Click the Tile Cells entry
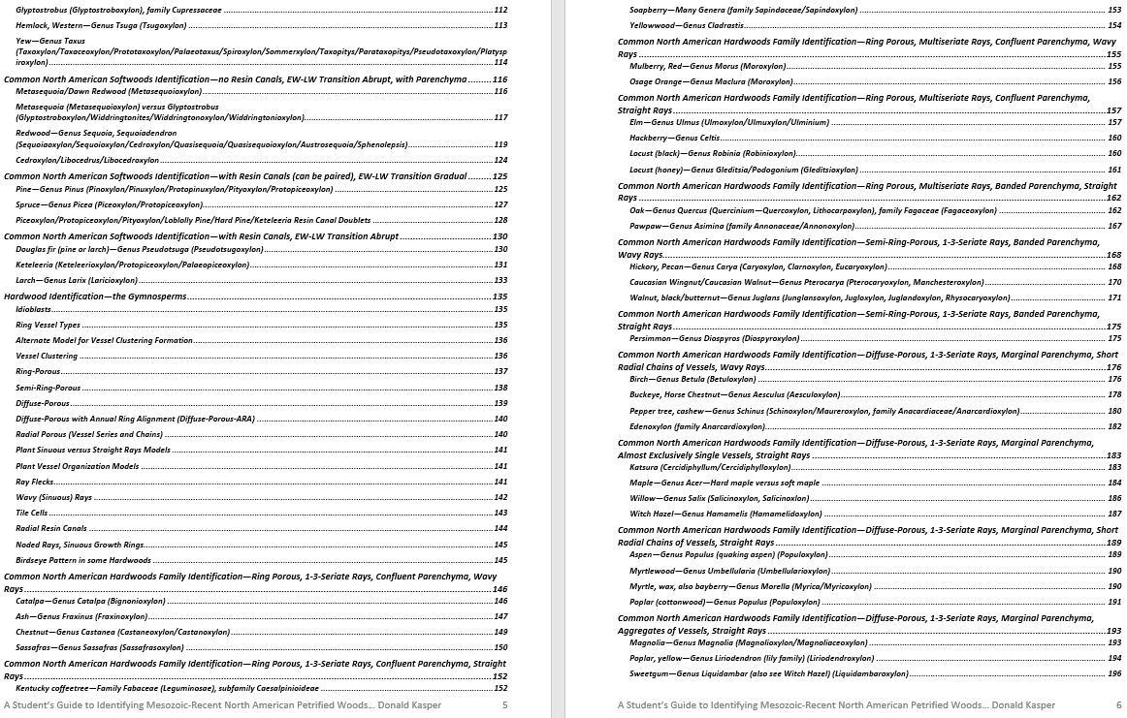coord(32,513)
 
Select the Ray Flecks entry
coord(35,482)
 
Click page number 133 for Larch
coord(500,280)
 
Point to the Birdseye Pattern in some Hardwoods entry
coord(83,560)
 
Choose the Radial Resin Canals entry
coord(50,528)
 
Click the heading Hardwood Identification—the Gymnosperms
coord(95,297)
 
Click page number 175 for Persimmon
coord(1114,338)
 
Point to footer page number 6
coord(1118,704)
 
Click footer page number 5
coord(504,704)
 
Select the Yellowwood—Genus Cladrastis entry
coord(687,25)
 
